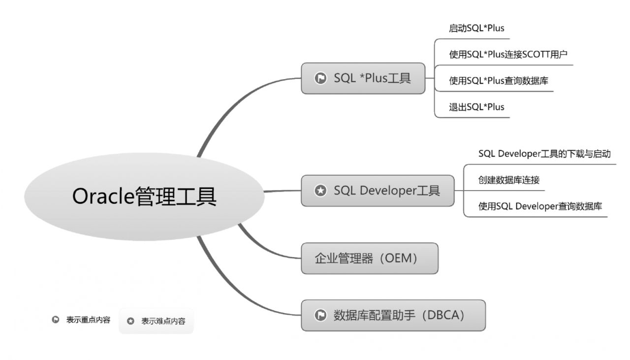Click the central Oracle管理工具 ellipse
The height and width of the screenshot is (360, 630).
click(x=144, y=196)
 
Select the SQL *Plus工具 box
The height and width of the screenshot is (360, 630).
click(x=363, y=78)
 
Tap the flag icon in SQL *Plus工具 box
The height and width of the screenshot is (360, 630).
click(x=320, y=78)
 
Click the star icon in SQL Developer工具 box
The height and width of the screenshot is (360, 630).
click(x=320, y=191)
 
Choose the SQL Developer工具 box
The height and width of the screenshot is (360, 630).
click(x=378, y=191)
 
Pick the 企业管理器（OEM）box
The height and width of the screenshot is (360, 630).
click(x=370, y=259)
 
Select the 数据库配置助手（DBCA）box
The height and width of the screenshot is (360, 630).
click(x=393, y=315)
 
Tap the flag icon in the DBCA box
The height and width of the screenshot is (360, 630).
click(x=320, y=315)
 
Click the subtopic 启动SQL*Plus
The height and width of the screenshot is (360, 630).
click(x=476, y=28)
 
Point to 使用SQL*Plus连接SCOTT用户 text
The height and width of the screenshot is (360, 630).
click(x=508, y=54)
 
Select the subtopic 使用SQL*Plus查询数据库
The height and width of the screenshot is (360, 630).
click(x=499, y=81)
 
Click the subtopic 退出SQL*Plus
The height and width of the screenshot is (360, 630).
click(x=476, y=107)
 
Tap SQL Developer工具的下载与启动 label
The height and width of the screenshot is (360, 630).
click(x=544, y=154)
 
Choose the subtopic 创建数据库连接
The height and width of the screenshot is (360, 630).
click(x=509, y=180)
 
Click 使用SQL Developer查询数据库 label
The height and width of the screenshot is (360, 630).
click(x=540, y=206)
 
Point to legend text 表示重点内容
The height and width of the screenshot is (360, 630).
click(x=88, y=320)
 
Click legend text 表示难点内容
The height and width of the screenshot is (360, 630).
click(x=163, y=321)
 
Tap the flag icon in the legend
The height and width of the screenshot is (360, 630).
click(x=56, y=320)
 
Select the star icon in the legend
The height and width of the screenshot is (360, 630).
click(x=130, y=321)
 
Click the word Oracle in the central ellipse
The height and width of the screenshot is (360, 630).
click(x=103, y=196)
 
